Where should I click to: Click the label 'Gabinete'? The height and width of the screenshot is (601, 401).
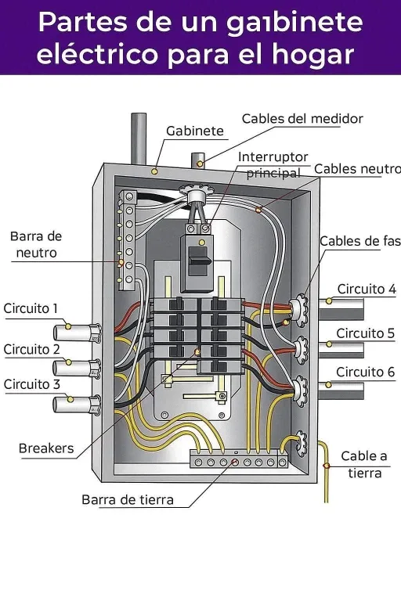[x=194, y=131]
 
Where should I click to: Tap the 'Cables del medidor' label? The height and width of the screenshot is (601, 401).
[x=302, y=119]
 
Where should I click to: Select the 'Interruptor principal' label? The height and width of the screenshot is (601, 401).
[x=273, y=165]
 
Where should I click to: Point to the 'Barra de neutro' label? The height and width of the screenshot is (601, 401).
[x=36, y=244]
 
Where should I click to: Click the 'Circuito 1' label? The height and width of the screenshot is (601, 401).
[x=31, y=308]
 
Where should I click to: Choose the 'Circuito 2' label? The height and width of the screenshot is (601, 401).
[x=31, y=349]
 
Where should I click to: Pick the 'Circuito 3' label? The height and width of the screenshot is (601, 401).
[x=31, y=384]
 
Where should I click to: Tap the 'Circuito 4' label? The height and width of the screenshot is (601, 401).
[x=366, y=289]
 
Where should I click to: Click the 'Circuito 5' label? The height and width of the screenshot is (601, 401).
[x=365, y=333]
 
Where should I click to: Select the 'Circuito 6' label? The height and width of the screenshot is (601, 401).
[x=365, y=372]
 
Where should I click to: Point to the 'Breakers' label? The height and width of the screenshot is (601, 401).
[x=46, y=448]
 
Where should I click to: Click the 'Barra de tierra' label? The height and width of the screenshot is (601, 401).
[x=128, y=499]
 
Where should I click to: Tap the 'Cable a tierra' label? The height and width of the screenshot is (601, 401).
[x=364, y=464]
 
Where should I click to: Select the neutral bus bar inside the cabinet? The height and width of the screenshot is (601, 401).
[x=123, y=239]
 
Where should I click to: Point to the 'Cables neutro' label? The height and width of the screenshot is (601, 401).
[x=357, y=169]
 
